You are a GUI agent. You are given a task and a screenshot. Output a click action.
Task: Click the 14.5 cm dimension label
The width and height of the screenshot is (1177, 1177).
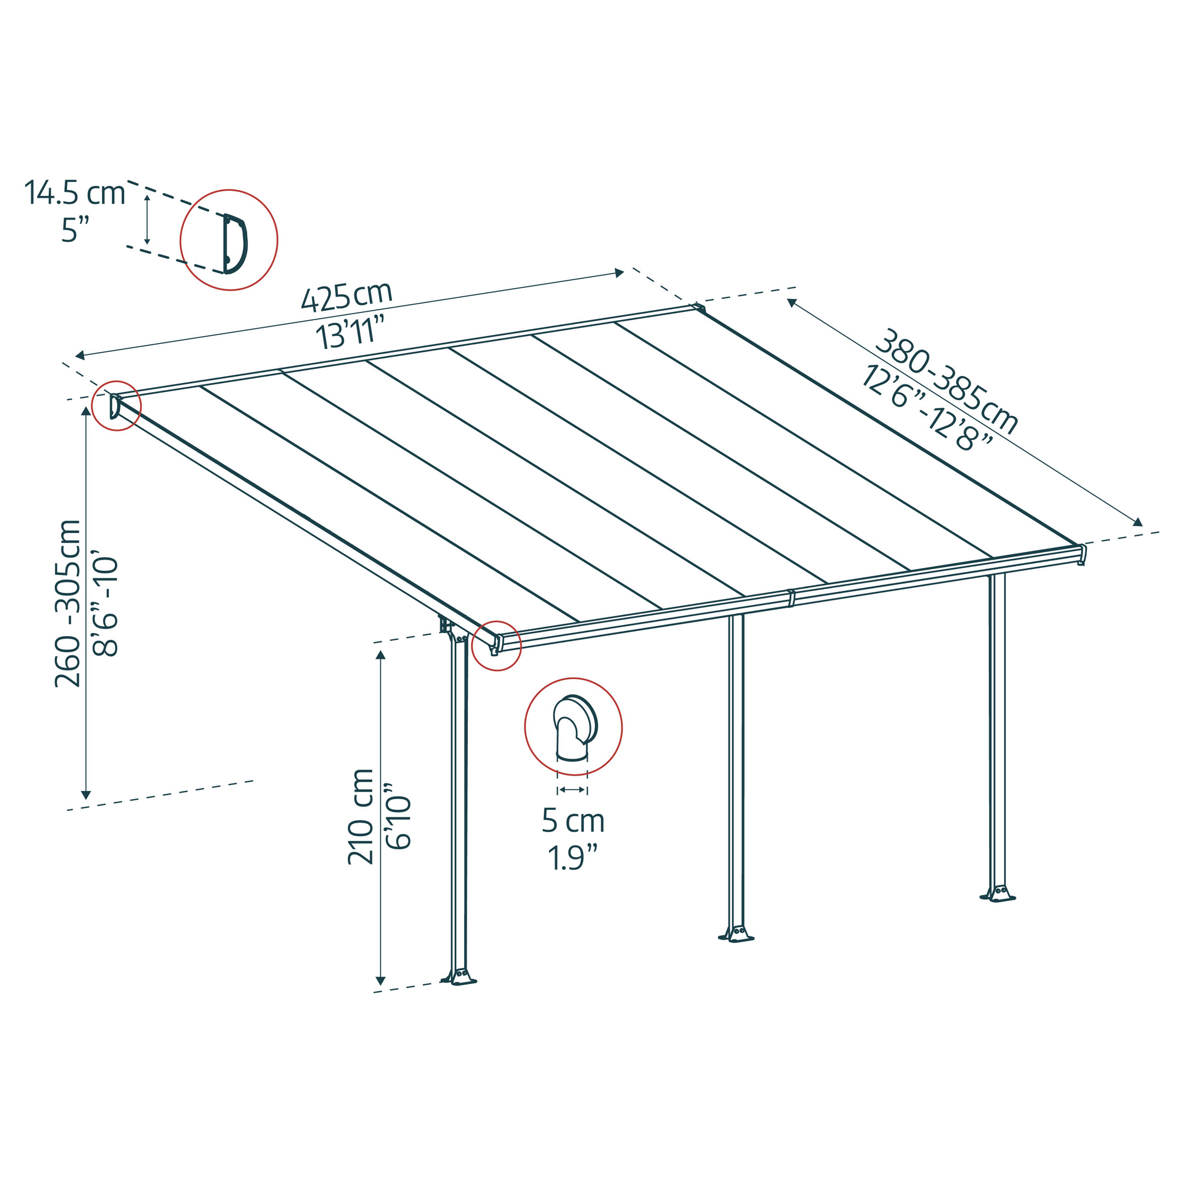74,193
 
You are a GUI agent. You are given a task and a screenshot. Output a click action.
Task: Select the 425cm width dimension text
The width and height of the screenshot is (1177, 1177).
347,297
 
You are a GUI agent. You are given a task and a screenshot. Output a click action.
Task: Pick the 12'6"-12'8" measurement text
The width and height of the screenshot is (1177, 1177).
926,407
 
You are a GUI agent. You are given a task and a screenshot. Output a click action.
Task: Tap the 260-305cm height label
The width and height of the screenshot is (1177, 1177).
68,603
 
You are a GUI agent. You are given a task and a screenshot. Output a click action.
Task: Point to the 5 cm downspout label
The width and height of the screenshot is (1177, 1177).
573,822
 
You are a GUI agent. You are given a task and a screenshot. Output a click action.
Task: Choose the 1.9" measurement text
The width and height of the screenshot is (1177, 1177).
573,859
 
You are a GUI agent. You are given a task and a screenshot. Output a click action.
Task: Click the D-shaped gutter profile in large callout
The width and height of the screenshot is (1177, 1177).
235,244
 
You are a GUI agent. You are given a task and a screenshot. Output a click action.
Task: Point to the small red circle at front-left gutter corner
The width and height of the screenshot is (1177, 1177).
497,645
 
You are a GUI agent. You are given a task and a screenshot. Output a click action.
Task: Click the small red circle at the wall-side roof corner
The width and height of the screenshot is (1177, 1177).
116,405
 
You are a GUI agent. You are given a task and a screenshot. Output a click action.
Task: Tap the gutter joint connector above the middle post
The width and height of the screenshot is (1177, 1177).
791,598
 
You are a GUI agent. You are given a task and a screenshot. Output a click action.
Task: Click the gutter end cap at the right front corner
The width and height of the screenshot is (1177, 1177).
1082,554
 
